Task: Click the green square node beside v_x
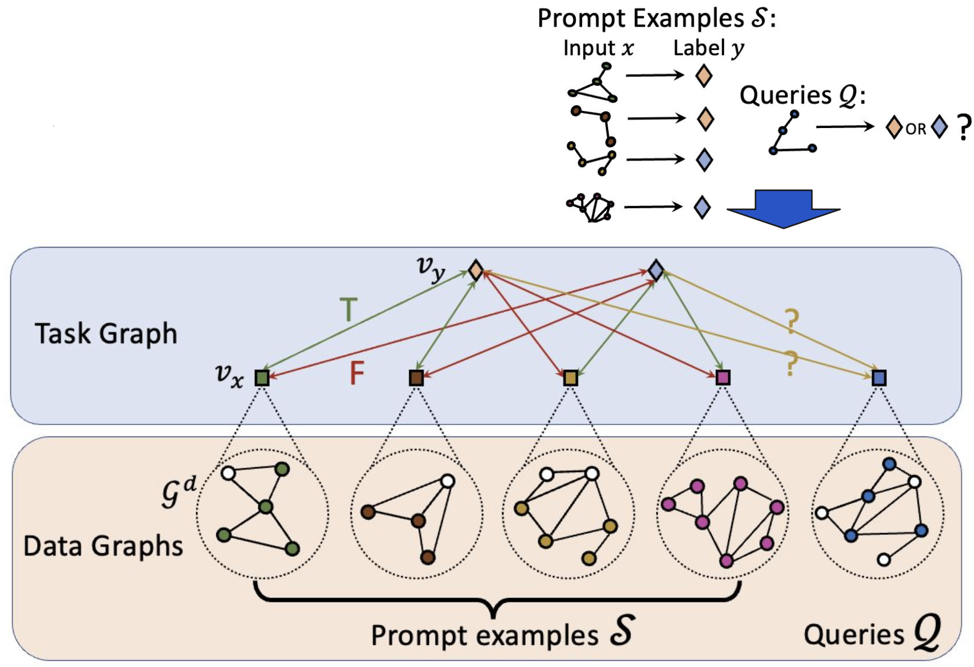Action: pos(262,378)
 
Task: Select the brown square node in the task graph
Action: pos(416,378)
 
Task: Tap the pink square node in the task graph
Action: pos(723,377)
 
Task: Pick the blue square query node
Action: pos(878,378)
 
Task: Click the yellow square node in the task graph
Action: pos(570,378)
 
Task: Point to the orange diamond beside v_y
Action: pos(476,270)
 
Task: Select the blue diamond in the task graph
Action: pos(656,270)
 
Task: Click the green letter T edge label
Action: pos(348,311)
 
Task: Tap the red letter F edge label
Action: pos(357,374)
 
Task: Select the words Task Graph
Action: pos(106,333)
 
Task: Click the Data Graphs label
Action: pos(103,546)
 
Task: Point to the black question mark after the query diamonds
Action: pos(964,128)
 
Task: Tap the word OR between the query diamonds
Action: pos(915,130)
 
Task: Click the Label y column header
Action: pos(708,48)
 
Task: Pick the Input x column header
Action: pos(598,48)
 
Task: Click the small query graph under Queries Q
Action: pos(791,134)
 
